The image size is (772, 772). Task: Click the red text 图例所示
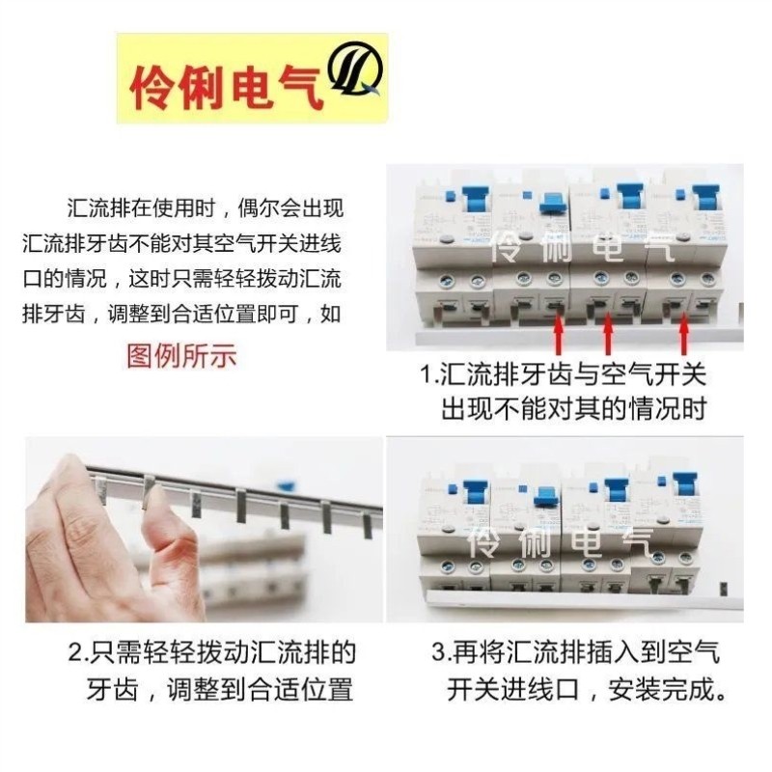[x=181, y=355]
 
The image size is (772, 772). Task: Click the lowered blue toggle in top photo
[x=552, y=203]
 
